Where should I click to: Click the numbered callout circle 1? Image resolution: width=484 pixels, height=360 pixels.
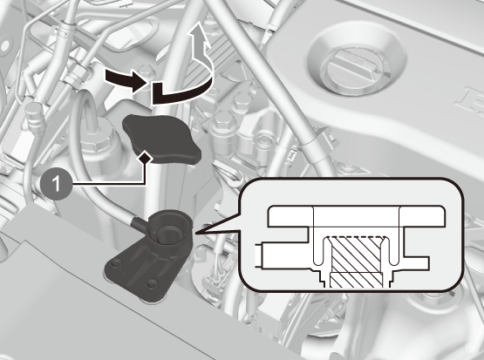pyautogui.click(x=57, y=184)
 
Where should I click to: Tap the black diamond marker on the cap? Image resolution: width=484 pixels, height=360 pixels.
pyautogui.click(x=145, y=159)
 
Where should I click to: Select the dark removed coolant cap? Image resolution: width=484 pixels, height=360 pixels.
pyautogui.click(x=161, y=139)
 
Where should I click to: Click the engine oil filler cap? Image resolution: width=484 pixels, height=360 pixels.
pyautogui.click(x=356, y=71)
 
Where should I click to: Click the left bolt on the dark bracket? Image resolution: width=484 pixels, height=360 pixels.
pyautogui.click(x=115, y=263)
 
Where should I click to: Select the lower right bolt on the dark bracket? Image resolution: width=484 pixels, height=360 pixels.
pyautogui.click(x=152, y=283)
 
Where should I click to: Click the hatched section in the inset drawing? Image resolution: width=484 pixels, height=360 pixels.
pyautogui.click(x=357, y=262)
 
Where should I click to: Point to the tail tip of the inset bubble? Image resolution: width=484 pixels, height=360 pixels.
pyautogui.click(x=195, y=234)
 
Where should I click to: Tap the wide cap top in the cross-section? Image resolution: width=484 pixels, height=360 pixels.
pyautogui.click(x=357, y=216)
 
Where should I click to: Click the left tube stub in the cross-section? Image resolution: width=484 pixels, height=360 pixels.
pyautogui.click(x=259, y=255)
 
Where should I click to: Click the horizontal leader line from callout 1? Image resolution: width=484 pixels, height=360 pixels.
pyautogui.click(x=109, y=184)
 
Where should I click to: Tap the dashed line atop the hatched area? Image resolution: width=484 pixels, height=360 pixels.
pyautogui.click(x=357, y=237)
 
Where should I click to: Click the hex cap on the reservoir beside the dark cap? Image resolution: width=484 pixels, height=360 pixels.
pyautogui.click(x=96, y=138)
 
